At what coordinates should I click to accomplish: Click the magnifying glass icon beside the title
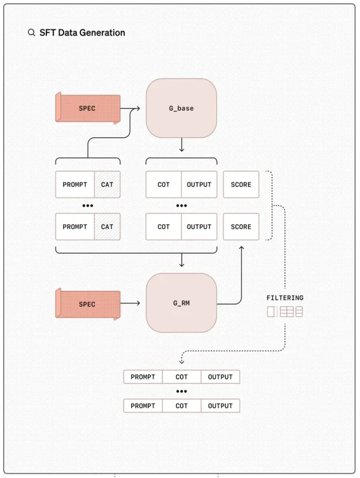[31, 33]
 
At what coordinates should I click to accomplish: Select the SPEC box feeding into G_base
[88, 108]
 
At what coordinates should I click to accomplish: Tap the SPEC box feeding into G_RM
[88, 304]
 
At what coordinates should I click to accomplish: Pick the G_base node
[181, 108]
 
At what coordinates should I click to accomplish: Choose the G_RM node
[181, 303]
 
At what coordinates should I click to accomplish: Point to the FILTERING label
[285, 298]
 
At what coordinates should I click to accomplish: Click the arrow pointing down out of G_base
[182, 145]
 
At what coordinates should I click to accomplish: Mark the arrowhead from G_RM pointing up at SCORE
[241, 248]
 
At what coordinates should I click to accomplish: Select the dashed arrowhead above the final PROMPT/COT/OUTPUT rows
[182, 362]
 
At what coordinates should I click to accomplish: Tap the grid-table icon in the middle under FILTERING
[287, 312]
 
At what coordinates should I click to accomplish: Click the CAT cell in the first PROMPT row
[107, 184]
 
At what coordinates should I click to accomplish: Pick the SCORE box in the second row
[241, 227]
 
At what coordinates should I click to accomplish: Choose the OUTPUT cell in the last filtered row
[220, 406]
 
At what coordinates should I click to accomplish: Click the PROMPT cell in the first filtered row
[143, 377]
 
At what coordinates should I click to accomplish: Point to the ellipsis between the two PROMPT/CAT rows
[88, 206]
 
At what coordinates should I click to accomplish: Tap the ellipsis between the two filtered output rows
[182, 392]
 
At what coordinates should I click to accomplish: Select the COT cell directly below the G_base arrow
[164, 184]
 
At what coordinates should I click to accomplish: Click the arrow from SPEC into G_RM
[130, 303]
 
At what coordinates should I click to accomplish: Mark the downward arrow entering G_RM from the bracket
[182, 260]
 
